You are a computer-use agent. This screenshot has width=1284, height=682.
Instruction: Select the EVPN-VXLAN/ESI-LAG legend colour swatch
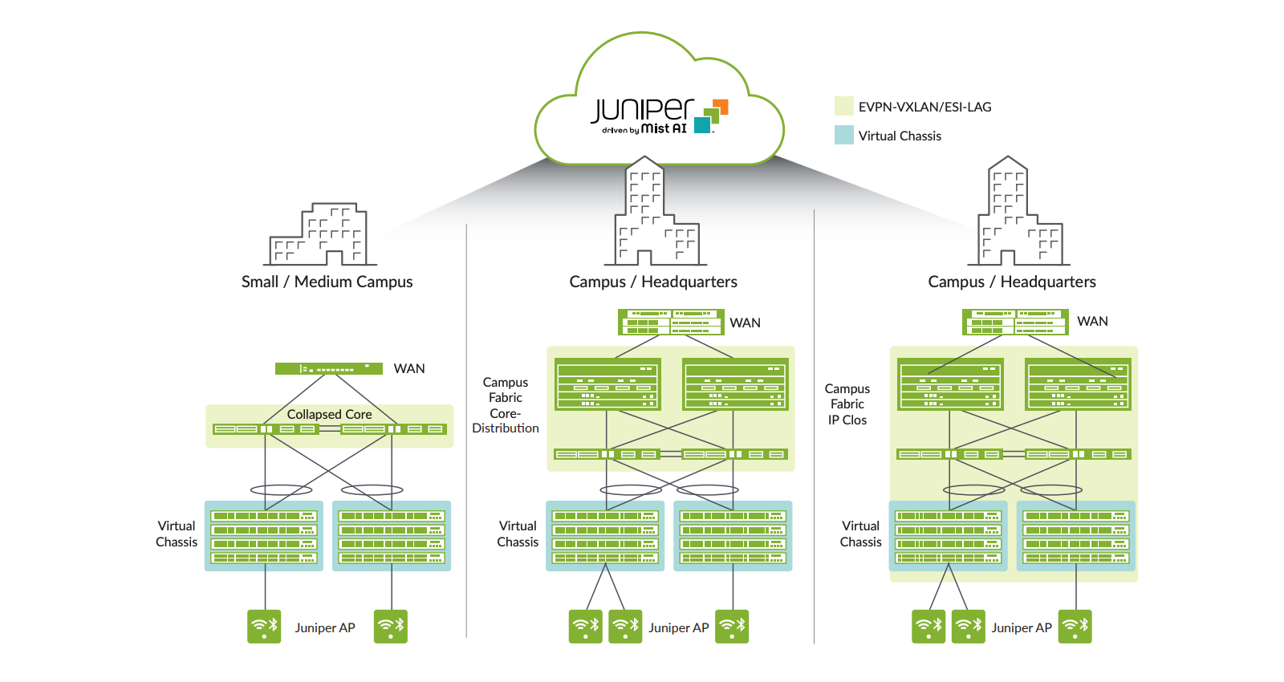[843, 107]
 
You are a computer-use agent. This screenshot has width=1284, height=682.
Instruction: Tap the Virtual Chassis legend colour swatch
[843, 136]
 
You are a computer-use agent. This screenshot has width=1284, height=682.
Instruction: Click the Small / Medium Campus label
[327, 282]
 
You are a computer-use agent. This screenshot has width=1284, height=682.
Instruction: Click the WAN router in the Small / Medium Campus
[328, 368]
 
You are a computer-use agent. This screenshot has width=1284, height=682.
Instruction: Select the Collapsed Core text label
[329, 414]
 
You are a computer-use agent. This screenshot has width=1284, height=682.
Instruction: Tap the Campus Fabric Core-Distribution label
[506, 405]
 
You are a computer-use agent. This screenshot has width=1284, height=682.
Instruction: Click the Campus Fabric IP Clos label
[847, 404]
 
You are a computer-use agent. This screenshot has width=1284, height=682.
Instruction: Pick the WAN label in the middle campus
[745, 323]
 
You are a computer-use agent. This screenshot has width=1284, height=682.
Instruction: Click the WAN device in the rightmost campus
[1015, 322]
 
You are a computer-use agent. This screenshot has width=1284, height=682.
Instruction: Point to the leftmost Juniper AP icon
[264, 627]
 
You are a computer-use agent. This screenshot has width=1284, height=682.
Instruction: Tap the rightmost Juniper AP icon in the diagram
[1075, 627]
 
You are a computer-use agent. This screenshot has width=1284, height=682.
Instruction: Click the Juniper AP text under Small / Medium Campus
[324, 627]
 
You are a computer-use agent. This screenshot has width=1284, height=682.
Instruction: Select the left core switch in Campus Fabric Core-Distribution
[607, 384]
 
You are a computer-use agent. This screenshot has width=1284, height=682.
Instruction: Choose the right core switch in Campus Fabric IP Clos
[1078, 384]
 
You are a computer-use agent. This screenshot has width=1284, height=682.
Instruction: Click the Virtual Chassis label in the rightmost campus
[860, 534]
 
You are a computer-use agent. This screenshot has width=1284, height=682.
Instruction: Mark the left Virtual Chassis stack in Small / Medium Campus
[264, 536]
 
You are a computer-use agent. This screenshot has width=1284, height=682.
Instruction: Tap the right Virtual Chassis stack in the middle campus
[733, 536]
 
